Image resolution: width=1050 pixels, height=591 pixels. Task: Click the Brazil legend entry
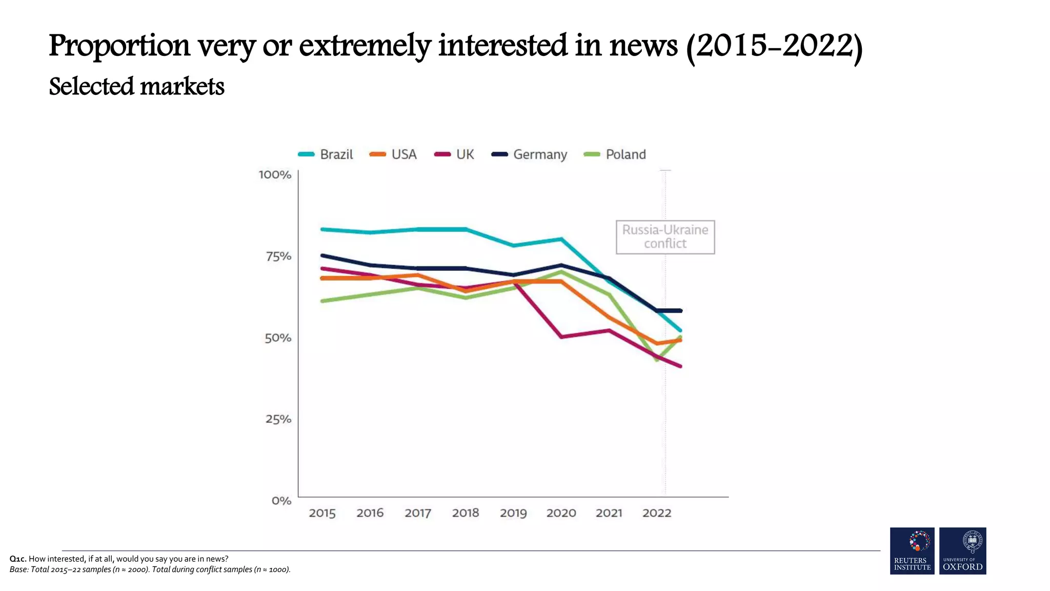point(326,154)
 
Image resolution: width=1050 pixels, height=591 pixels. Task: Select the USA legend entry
point(394,154)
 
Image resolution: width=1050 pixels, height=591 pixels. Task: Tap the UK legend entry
point(455,154)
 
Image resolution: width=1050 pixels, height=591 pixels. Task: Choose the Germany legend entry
point(530,154)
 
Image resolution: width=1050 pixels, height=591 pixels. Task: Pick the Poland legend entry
point(615,154)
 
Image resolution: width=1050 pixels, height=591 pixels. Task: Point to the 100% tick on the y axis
point(275,175)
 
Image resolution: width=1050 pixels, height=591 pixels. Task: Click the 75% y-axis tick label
point(278,257)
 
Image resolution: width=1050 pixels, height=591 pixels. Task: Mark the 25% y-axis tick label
point(278,419)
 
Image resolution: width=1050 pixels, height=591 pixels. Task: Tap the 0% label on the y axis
point(281,501)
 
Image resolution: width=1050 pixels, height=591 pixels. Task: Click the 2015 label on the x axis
point(322,513)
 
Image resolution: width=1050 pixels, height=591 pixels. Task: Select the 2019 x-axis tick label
point(513,513)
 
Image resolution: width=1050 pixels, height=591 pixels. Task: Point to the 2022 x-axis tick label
point(657,513)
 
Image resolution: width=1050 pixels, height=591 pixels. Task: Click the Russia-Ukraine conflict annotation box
point(665,237)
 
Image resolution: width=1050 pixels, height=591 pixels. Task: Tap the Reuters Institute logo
point(912,550)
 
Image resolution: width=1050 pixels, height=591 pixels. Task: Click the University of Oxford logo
point(962,550)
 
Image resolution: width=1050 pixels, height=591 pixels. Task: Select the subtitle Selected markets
point(136,87)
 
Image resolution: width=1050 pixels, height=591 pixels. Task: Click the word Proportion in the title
point(119,46)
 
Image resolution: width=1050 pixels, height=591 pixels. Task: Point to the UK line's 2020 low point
point(561,337)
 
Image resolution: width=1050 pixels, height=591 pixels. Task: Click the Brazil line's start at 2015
point(322,229)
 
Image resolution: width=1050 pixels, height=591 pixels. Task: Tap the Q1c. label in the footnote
point(18,559)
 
